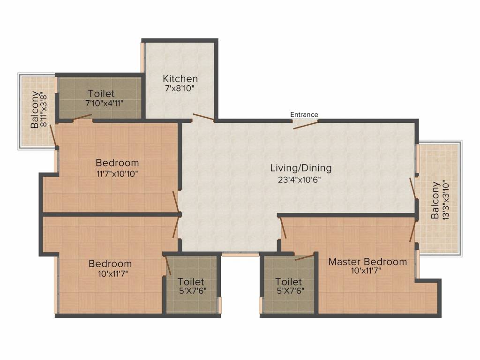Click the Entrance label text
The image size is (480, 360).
click(304, 114)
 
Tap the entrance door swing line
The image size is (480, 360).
click(306, 124)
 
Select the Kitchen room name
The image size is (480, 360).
click(180, 79)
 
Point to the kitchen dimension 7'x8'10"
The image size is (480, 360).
click(180, 89)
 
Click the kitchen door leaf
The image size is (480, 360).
click(203, 118)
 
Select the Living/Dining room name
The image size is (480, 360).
click(300, 168)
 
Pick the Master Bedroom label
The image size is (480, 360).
click(367, 262)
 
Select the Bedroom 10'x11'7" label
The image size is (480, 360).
click(110, 268)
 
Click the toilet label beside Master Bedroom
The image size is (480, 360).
click(289, 286)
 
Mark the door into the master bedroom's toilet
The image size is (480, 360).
click(305, 256)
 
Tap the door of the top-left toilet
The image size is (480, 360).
click(82, 117)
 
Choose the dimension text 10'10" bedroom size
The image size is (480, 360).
click(117, 173)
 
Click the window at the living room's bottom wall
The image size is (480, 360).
click(240, 255)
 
